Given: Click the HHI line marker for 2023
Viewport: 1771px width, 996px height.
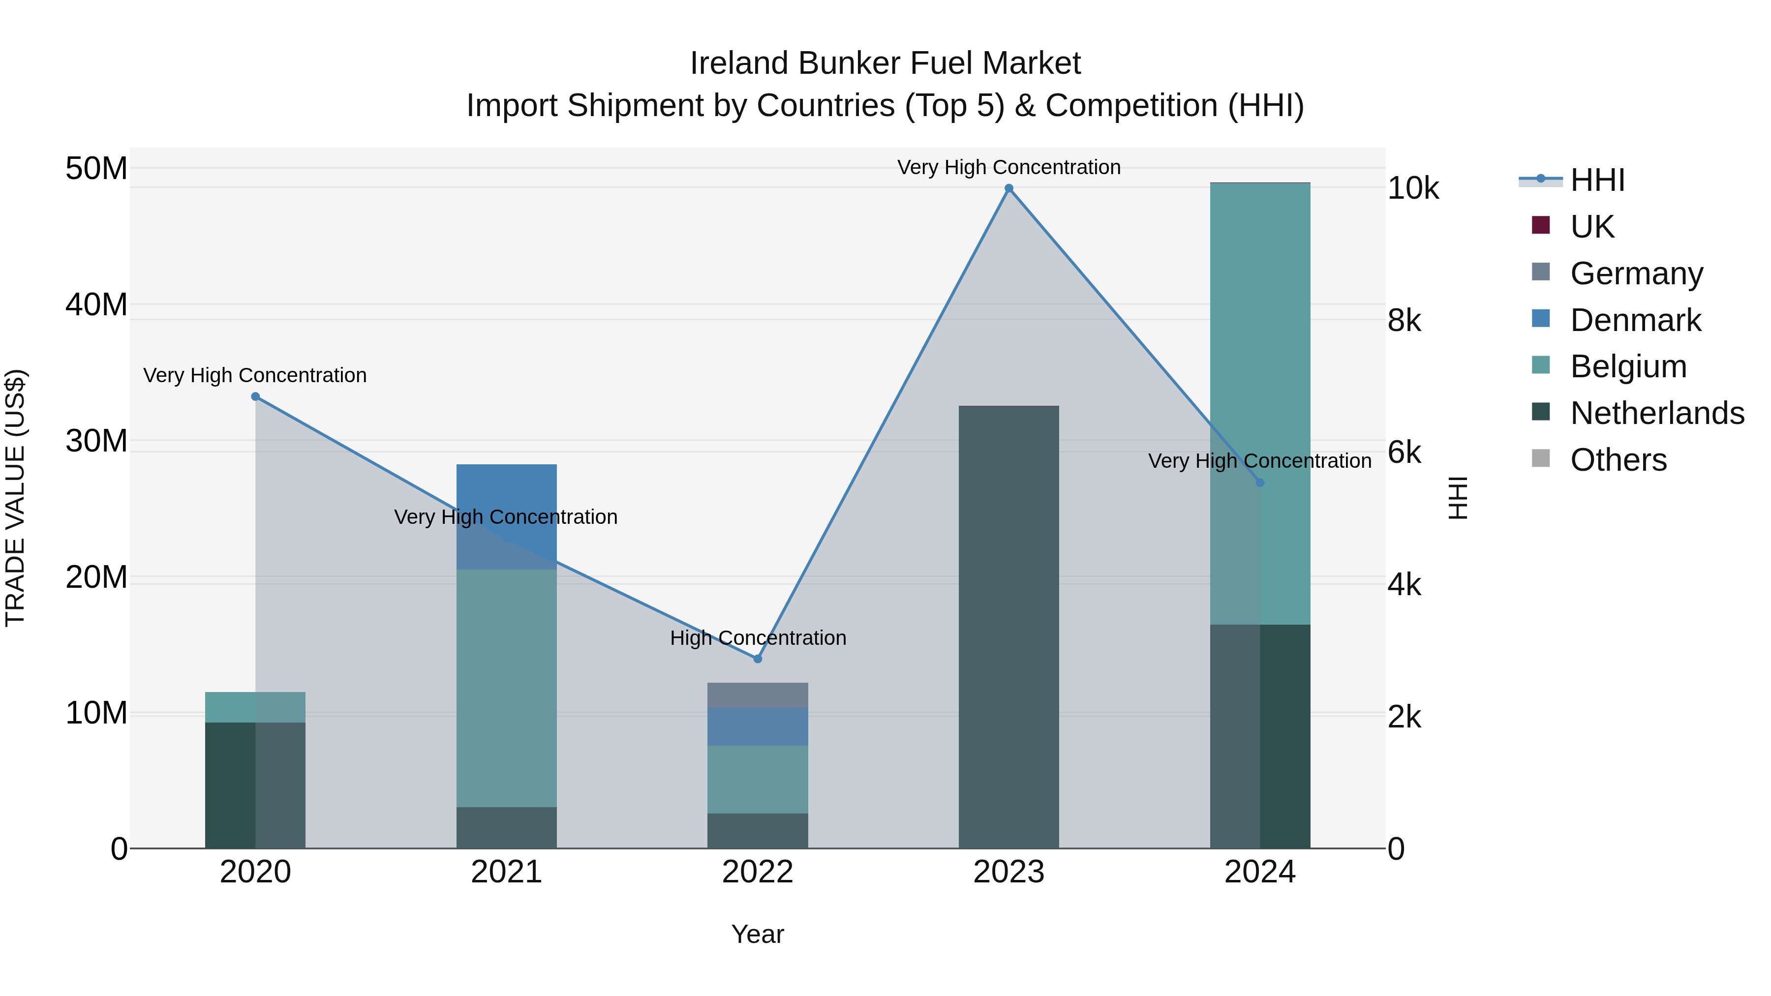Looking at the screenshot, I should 1008,188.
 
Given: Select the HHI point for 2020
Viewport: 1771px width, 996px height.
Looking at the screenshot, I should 255,396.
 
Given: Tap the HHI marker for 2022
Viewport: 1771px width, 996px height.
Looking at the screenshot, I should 758,659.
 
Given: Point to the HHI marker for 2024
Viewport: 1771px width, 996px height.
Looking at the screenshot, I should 1259,483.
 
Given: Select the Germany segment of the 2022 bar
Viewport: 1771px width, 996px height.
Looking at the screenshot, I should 758,695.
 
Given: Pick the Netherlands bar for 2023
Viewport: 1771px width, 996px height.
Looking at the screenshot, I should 1008,626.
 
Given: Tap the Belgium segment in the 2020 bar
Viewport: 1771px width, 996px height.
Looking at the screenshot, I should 255,707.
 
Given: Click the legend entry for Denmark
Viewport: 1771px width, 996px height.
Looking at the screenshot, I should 1636,320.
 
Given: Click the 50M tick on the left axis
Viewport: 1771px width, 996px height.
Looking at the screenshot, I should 96,168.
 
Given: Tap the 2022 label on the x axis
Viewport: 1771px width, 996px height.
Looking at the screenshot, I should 758,872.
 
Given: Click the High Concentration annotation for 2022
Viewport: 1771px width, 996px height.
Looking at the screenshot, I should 758,638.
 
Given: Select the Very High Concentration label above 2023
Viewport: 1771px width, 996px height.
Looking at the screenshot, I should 1008,167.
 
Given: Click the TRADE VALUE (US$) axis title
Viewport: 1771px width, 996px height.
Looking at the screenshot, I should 15,498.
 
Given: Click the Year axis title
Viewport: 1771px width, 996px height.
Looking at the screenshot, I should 758,934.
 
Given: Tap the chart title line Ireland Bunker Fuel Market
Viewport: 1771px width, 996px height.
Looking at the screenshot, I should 885,63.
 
